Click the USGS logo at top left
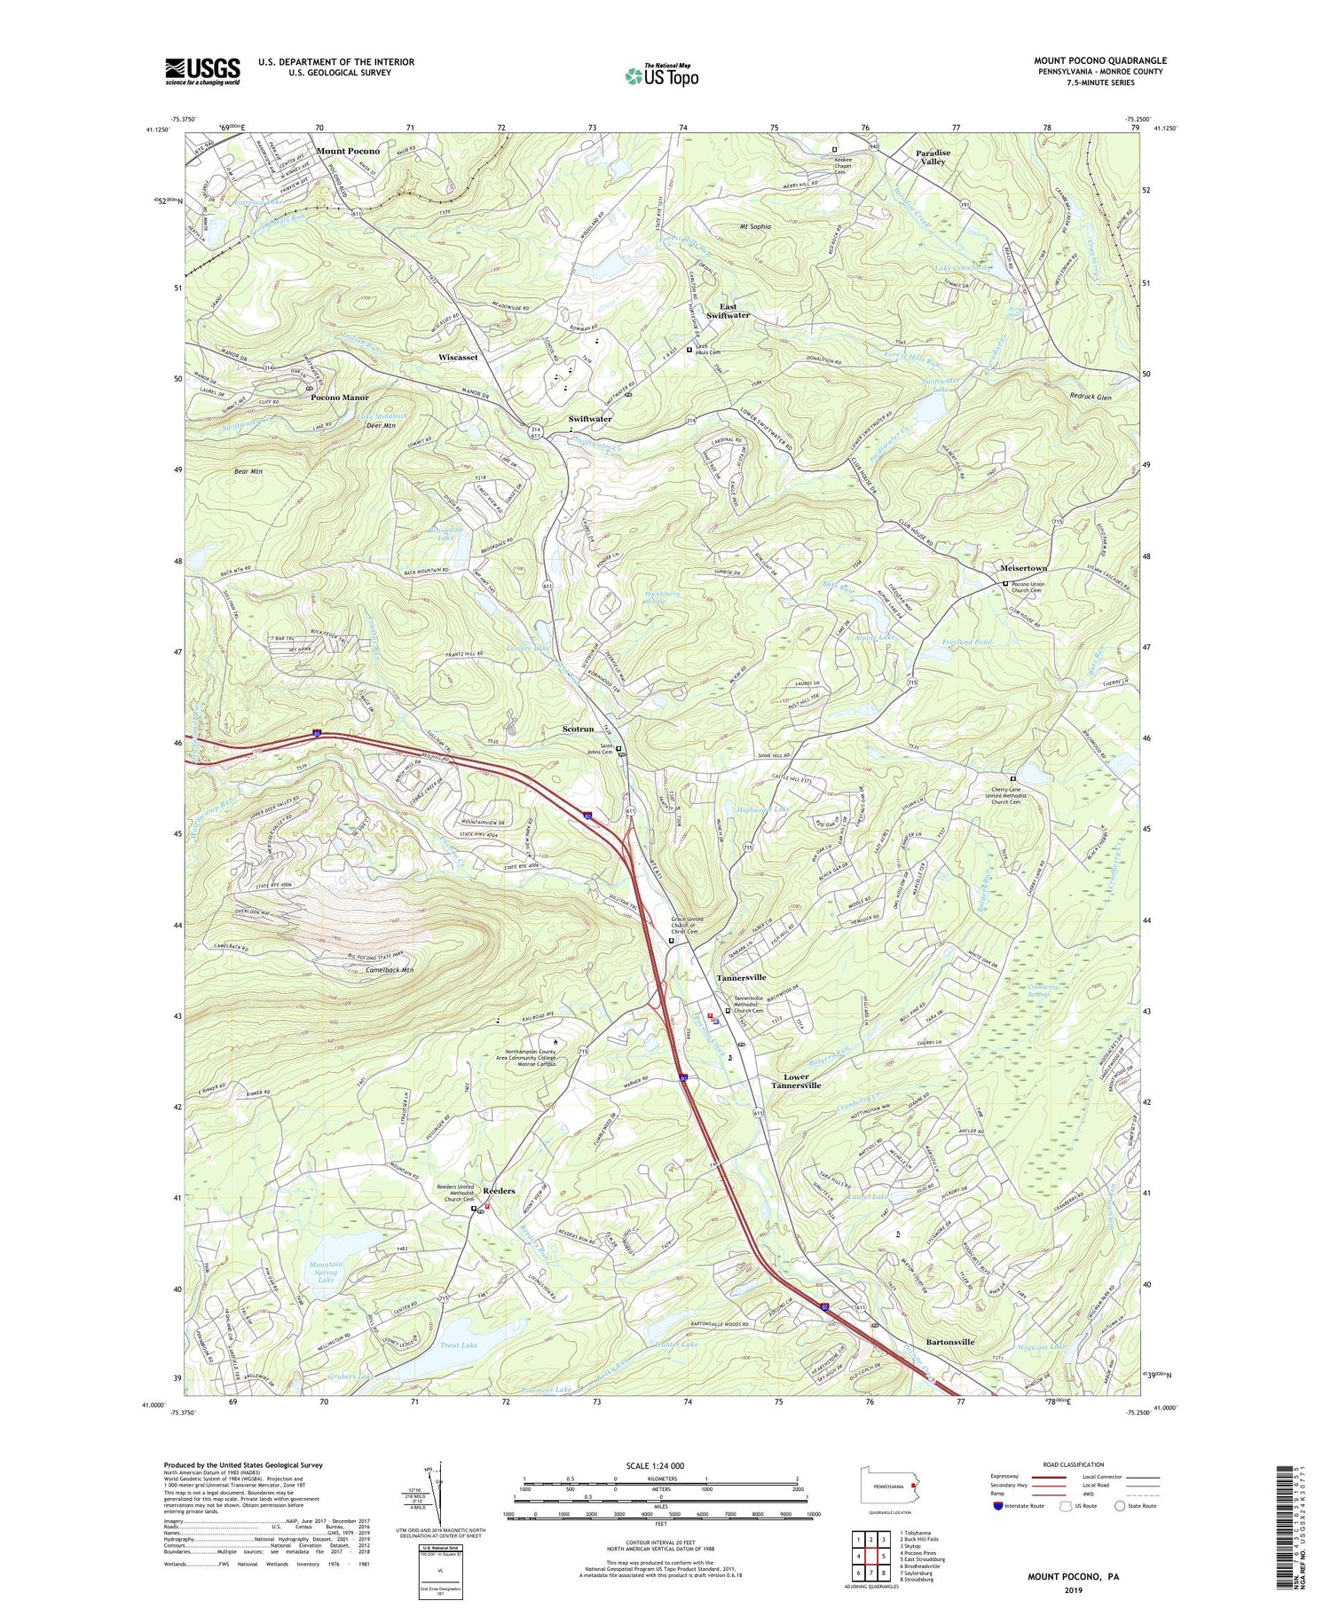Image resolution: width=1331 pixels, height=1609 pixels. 202,71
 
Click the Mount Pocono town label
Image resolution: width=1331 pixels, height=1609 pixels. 348,151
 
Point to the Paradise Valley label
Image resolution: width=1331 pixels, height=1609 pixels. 933,157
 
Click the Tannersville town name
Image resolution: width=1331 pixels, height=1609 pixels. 741,977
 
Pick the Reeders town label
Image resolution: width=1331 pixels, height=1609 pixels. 499,1191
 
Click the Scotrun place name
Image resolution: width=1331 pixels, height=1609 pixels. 578,729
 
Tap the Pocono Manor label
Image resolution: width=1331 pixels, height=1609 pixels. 339,398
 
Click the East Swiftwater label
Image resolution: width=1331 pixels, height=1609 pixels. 728,311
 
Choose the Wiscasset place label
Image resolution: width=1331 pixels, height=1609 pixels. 458,357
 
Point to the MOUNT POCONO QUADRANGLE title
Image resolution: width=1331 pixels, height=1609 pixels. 1099,60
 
